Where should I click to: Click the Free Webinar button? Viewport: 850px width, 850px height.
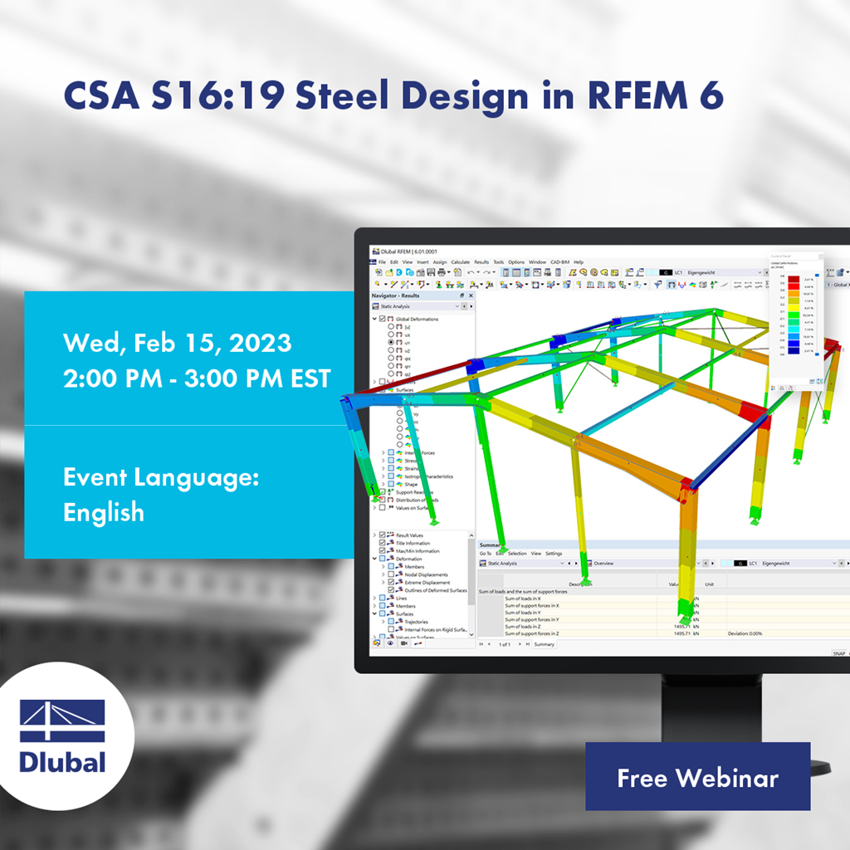tap(697, 777)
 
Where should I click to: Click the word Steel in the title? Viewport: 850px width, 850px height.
tap(346, 96)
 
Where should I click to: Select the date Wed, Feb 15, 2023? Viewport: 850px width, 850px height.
tap(177, 343)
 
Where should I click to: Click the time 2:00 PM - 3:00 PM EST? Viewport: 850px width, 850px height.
tap(197, 378)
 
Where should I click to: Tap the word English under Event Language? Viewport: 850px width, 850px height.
tap(104, 512)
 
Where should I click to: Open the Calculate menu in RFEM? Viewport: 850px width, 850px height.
tap(460, 261)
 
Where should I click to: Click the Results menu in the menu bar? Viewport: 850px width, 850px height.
tap(481, 261)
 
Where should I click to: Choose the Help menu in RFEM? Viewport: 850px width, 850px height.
tap(579, 261)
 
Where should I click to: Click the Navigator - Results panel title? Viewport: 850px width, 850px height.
tap(397, 296)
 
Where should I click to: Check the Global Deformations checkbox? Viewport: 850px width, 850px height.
tap(383, 319)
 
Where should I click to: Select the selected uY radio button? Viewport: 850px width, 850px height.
tap(391, 342)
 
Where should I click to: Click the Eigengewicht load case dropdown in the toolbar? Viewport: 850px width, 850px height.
tap(722, 272)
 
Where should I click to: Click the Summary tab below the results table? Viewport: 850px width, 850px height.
tap(544, 644)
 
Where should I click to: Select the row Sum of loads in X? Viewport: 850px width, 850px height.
tap(523, 598)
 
